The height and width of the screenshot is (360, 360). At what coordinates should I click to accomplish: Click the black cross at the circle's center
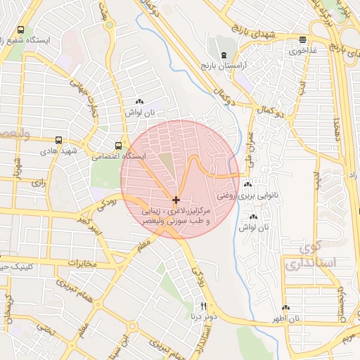point(176,200)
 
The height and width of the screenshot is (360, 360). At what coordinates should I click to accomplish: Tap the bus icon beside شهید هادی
point(58,141)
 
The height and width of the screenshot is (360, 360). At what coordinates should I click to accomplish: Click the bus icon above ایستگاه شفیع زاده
point(20,30)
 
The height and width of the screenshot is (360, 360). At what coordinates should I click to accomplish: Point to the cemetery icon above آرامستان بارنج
point(223,55)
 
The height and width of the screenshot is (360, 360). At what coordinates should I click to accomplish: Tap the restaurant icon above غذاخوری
point(302,40)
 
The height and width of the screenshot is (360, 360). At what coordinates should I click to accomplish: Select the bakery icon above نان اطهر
point(285,308)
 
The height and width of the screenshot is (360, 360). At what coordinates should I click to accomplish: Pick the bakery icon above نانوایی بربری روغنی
point(247,185)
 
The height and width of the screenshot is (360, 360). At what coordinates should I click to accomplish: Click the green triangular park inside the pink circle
point(167,166)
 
